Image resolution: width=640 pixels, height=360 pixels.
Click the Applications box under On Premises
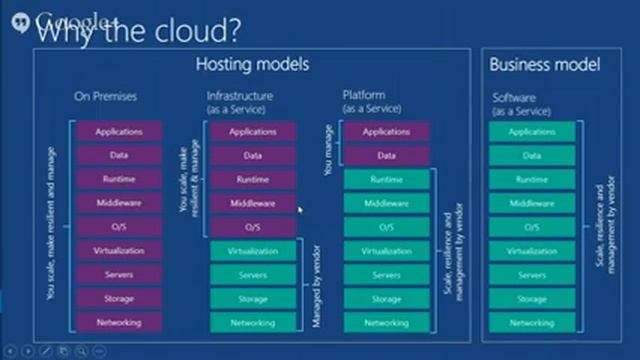click(x=119, y=131)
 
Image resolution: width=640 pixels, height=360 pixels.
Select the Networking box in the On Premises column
click(x=119, y=323)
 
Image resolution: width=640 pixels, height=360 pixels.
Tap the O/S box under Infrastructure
click(x=253, y=227)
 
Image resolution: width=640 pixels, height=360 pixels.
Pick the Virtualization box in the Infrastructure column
click(x=253, y=251)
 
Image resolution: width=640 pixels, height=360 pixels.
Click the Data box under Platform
click(x=386, y=155)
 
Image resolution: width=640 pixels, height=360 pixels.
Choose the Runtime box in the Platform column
click(x=386, y=179)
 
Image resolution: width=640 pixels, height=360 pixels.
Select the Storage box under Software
click(x=532, y=299)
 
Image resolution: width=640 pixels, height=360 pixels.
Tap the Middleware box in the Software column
click(x=532, y=203)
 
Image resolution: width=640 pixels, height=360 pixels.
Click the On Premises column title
click(x=106, y=97)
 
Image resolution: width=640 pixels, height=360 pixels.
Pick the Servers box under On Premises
click(x=119, y=275)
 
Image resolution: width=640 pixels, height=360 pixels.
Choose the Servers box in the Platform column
click(x=386, y=275)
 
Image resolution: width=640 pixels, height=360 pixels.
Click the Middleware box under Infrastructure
click(x=253, y=203)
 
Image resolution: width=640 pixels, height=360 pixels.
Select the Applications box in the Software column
click(x=532, y=131)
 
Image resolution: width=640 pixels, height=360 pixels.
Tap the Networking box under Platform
click(x=386, y=323)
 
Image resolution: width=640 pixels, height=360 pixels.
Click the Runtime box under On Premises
click(x=119, y=179)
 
